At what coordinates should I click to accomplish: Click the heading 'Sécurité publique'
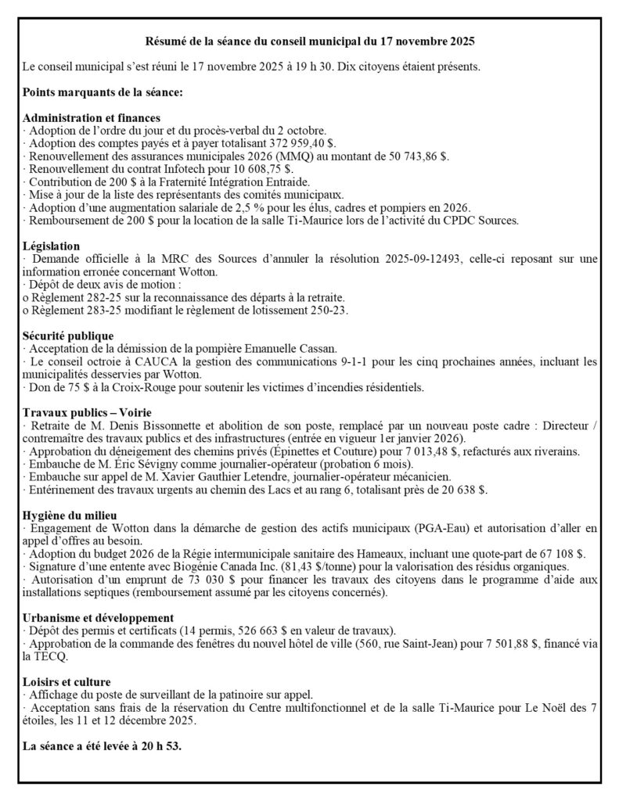coord(69,336)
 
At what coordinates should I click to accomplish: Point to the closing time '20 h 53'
coord(160,746)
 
